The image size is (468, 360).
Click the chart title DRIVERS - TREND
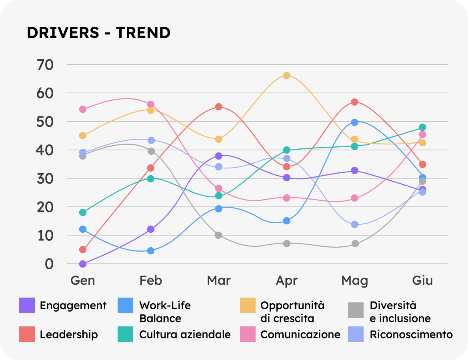click(98, 33)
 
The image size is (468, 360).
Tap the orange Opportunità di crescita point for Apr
click(286, 76)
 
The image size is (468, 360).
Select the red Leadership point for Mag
click(354, 102)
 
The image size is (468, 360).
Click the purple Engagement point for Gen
click(83, 264)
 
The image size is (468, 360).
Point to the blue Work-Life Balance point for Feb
click(151, 251)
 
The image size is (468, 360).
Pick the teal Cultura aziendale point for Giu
click(422, 127)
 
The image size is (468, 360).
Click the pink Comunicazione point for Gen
click(83, 109)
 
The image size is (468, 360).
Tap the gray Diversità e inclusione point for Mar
click(218, 235)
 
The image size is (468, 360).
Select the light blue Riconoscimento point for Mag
click(354, 224)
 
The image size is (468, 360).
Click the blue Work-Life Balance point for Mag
click(354, 122)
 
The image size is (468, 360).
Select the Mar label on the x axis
click(218, 280)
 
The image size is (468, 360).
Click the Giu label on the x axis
click(422, 280)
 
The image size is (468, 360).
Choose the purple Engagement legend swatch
click(27, 306)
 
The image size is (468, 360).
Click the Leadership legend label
click(68, 334)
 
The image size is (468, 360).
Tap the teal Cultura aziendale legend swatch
click(126, 334)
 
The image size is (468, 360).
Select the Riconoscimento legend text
click(411, 334)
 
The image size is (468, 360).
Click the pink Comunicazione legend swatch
click(248, 334)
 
